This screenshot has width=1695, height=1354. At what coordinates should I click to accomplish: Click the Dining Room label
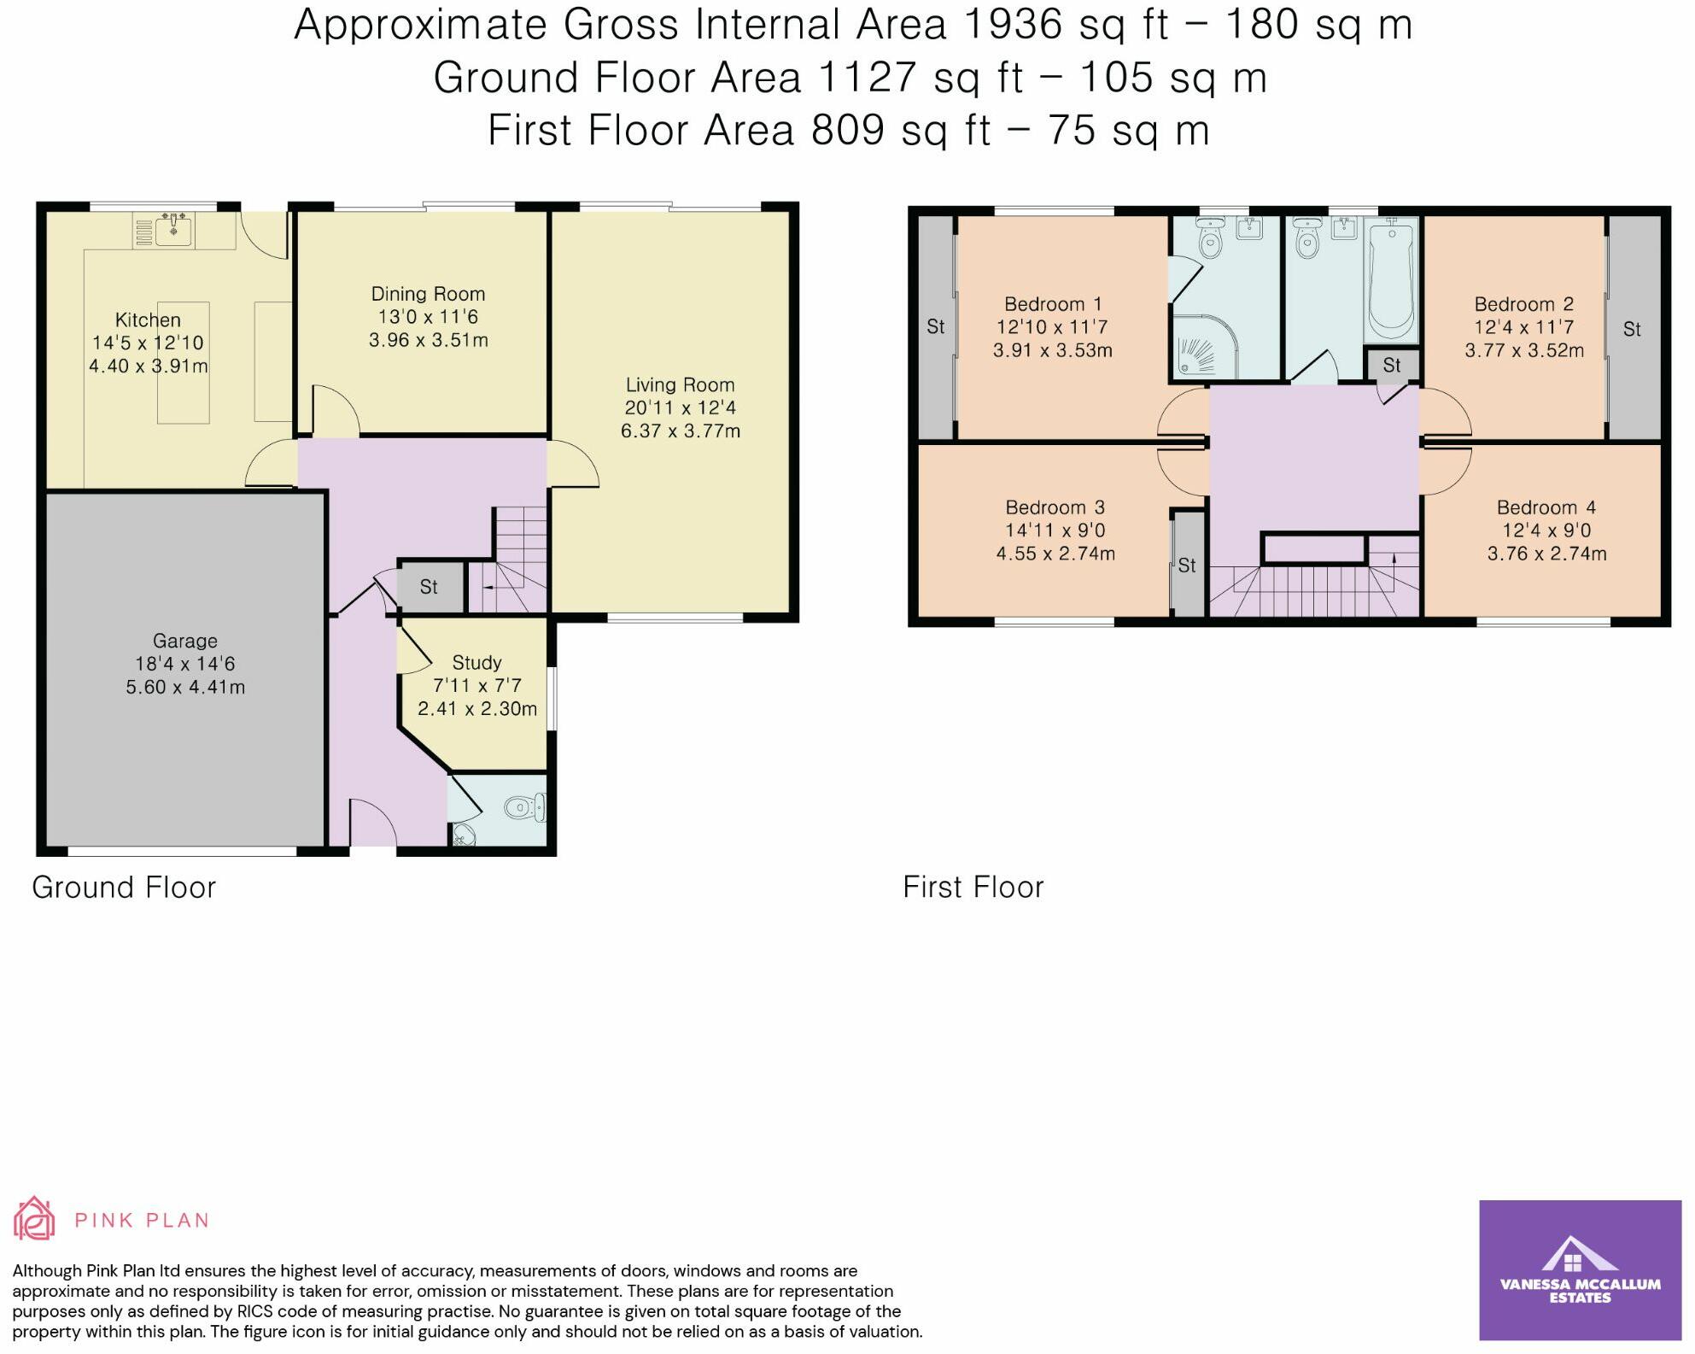428,294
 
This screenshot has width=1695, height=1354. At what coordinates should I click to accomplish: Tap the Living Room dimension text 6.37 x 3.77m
681,431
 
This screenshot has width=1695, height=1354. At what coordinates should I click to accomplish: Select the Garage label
185,641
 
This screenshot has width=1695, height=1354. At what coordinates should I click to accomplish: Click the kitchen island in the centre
184,361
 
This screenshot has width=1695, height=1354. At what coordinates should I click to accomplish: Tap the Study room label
476,663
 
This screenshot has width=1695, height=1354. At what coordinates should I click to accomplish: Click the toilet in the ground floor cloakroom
524,806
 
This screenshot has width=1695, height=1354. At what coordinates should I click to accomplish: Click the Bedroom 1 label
1053,304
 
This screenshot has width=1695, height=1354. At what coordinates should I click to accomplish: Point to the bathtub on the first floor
1391,280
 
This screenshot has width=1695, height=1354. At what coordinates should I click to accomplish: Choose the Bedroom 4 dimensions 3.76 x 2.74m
1547,554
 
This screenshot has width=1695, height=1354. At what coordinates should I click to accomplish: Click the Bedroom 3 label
1055,507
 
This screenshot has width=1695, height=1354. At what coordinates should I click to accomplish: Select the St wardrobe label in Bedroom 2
1632,329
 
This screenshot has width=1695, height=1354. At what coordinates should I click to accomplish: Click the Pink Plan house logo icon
34,1219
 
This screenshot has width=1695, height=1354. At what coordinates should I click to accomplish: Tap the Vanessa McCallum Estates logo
1580,1270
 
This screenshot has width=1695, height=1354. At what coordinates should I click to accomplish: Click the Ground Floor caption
124,888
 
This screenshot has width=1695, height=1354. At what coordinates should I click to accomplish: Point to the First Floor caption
973,888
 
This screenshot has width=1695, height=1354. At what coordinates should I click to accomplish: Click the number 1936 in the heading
1014,25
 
